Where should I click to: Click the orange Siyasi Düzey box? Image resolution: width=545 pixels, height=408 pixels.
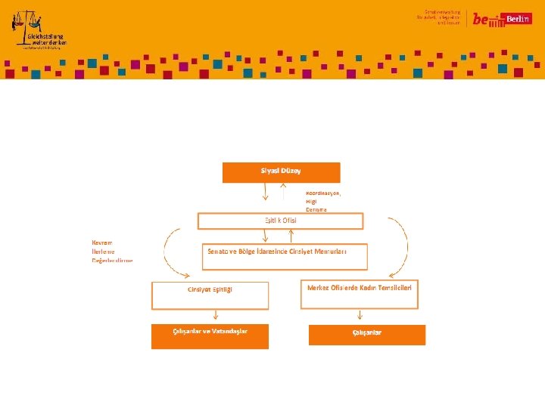[x=281, y=172]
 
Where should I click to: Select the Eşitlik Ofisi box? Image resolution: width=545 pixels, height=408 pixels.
[x=280, y=221]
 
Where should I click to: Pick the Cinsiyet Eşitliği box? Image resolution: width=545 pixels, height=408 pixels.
[x=210, y=295]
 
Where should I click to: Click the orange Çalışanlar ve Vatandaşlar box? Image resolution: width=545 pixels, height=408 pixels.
[x=210, y=336]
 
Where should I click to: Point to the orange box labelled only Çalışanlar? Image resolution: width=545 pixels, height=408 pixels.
[x=367, y=335]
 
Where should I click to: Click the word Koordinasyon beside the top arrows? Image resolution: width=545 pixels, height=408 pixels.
[x=323, y=193]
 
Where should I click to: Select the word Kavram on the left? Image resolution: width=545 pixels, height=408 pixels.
[x=103, y=242]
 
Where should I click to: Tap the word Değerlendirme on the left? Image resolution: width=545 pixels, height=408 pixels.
[x=112, y=260]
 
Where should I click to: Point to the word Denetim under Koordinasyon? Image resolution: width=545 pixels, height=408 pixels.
[x=316, y=209]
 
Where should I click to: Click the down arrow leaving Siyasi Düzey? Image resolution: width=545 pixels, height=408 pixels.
[x=265, y=192]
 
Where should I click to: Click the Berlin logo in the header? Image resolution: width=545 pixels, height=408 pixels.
[x=502, y=20]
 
